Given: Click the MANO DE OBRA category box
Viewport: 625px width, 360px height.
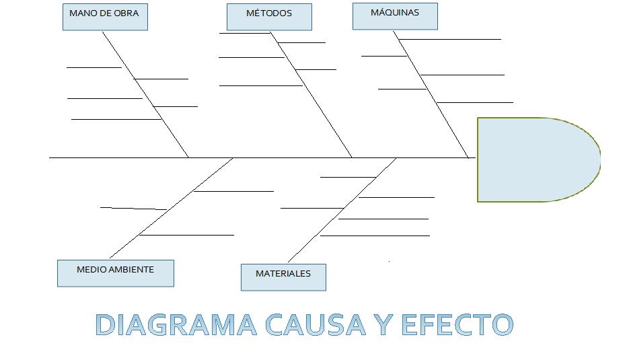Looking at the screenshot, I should coord(105,17).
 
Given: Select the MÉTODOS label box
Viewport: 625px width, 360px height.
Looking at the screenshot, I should coord(269,17).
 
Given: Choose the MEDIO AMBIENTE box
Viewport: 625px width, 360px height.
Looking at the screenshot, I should coord(116,273).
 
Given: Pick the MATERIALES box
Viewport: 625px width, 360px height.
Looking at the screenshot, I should coord(283,277).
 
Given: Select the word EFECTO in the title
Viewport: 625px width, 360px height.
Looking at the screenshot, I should coord(457,324).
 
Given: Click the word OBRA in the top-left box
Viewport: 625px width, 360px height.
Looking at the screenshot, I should coord(126,13).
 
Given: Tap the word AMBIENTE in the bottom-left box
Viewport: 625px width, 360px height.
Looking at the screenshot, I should coord(131,269).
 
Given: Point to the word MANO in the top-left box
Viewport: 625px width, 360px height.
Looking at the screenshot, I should coord(81,13).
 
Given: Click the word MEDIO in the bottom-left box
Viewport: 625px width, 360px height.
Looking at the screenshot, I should coord(91,269).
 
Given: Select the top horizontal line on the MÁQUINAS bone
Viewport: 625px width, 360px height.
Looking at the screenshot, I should coord(451,39).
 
